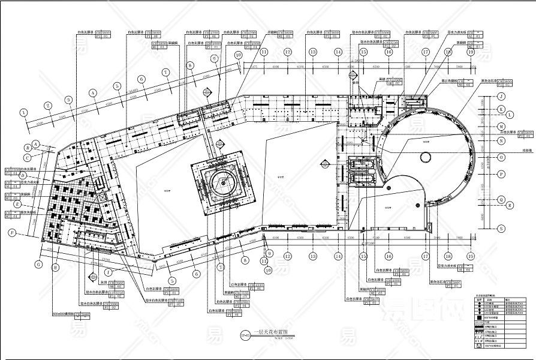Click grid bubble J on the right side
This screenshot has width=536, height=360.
click(501, 96)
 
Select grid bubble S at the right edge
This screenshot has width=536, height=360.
click(501, 227)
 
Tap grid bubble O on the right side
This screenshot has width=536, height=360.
click(501, 157)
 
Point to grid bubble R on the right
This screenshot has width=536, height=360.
click(510, 205)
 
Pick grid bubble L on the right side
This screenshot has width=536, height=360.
click(510, 114)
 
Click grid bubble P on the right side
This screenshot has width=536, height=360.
click(501, 173)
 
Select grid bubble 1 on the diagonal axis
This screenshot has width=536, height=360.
click(24, 112)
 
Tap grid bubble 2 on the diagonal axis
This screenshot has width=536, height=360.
click(46, 106)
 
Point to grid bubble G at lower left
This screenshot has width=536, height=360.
click(38, 263)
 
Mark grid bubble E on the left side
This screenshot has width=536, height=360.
click(18, 203)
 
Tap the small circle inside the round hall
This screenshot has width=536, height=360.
click(425, 157)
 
